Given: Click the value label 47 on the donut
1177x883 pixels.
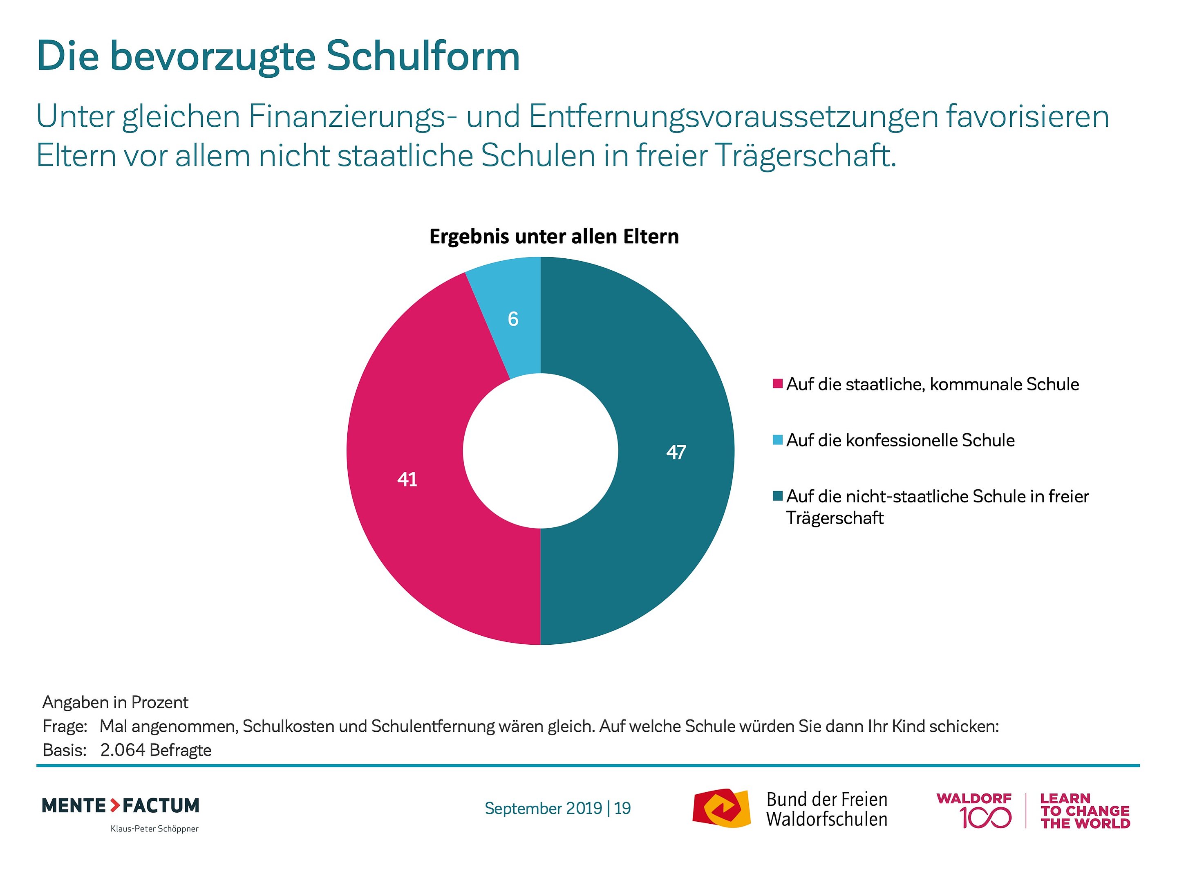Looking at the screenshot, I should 676,453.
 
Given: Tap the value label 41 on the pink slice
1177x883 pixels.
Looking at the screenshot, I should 407,480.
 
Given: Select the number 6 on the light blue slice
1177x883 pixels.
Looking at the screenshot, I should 513,319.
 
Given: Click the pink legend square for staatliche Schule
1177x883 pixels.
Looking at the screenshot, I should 777,384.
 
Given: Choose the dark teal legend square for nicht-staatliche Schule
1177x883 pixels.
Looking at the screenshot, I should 777,496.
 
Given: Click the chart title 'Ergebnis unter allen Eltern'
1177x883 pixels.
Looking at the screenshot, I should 554,236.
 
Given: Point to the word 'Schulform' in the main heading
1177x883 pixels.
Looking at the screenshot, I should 423,56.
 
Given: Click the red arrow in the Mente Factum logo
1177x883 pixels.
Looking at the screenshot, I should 115,805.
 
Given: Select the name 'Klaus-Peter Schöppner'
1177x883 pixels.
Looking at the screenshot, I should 154,829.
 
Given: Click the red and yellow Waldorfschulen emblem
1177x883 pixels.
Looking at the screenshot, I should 721,808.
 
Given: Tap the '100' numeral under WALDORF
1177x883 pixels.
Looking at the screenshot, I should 985,818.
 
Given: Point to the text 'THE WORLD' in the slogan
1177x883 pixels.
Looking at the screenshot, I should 1085,823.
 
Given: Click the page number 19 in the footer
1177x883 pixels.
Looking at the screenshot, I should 622,808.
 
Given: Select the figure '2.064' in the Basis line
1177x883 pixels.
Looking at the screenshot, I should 122,750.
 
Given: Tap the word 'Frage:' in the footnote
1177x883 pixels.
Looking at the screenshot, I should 65,726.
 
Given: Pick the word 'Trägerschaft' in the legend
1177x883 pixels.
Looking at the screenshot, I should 835,518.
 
